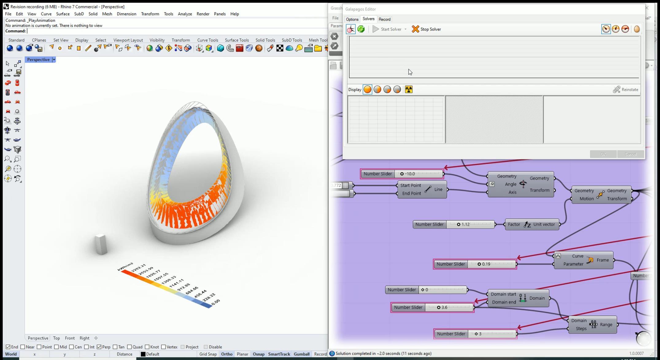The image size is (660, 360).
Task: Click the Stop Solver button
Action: coord(426,29)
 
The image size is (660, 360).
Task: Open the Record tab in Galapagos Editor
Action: coord(384,19)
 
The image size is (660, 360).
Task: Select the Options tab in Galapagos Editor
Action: coord(352,19)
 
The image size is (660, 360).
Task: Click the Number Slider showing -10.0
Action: coord(402,174)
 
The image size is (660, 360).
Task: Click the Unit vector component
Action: coord(532,224)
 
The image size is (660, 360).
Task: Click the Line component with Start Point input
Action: coord(422,190)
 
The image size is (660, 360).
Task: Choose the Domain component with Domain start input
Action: coord(518,298)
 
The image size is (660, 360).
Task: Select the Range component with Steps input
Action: coord(592,325)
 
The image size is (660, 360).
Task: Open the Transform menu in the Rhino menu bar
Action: coord(150,14)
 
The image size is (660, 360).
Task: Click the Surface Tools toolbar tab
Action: coord(237,40)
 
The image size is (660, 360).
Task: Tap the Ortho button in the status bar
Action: coord(226,354)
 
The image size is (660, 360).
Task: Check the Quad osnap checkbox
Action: coord(129,347)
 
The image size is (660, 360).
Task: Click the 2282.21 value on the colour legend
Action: coord(138,268)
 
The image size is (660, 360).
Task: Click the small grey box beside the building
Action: coord(101,244)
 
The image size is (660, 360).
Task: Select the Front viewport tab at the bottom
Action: coord(70,338)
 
